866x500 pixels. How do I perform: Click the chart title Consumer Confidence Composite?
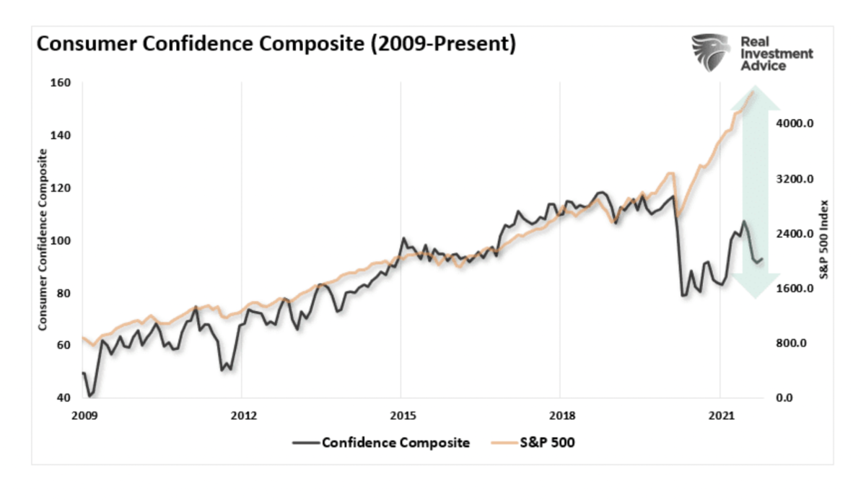tap(276, 45)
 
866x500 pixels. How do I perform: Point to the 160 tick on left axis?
tap(61, 83)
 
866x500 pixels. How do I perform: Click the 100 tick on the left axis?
tap(61, 241)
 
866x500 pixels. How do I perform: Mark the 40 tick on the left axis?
tap(64, 398)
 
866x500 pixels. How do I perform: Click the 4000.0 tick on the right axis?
tap(795, 123)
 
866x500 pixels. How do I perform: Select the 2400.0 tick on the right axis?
tap(795, 234)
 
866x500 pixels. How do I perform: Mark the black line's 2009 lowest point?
tap(90, 397)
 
